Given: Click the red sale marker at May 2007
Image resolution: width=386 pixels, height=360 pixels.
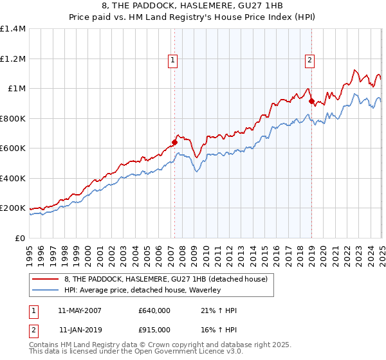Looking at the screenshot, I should tap(174, 142).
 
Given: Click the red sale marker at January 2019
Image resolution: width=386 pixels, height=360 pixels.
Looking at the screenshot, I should tap(311, 101).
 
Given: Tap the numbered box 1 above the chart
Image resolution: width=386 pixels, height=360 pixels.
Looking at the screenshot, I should tap(174, 61).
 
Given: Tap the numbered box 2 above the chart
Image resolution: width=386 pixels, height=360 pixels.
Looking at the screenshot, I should tap(310, 61).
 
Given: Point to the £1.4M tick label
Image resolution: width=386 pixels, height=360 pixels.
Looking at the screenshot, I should tap(13, 29).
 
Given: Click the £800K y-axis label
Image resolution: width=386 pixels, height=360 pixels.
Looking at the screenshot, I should tap(13, 118).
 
